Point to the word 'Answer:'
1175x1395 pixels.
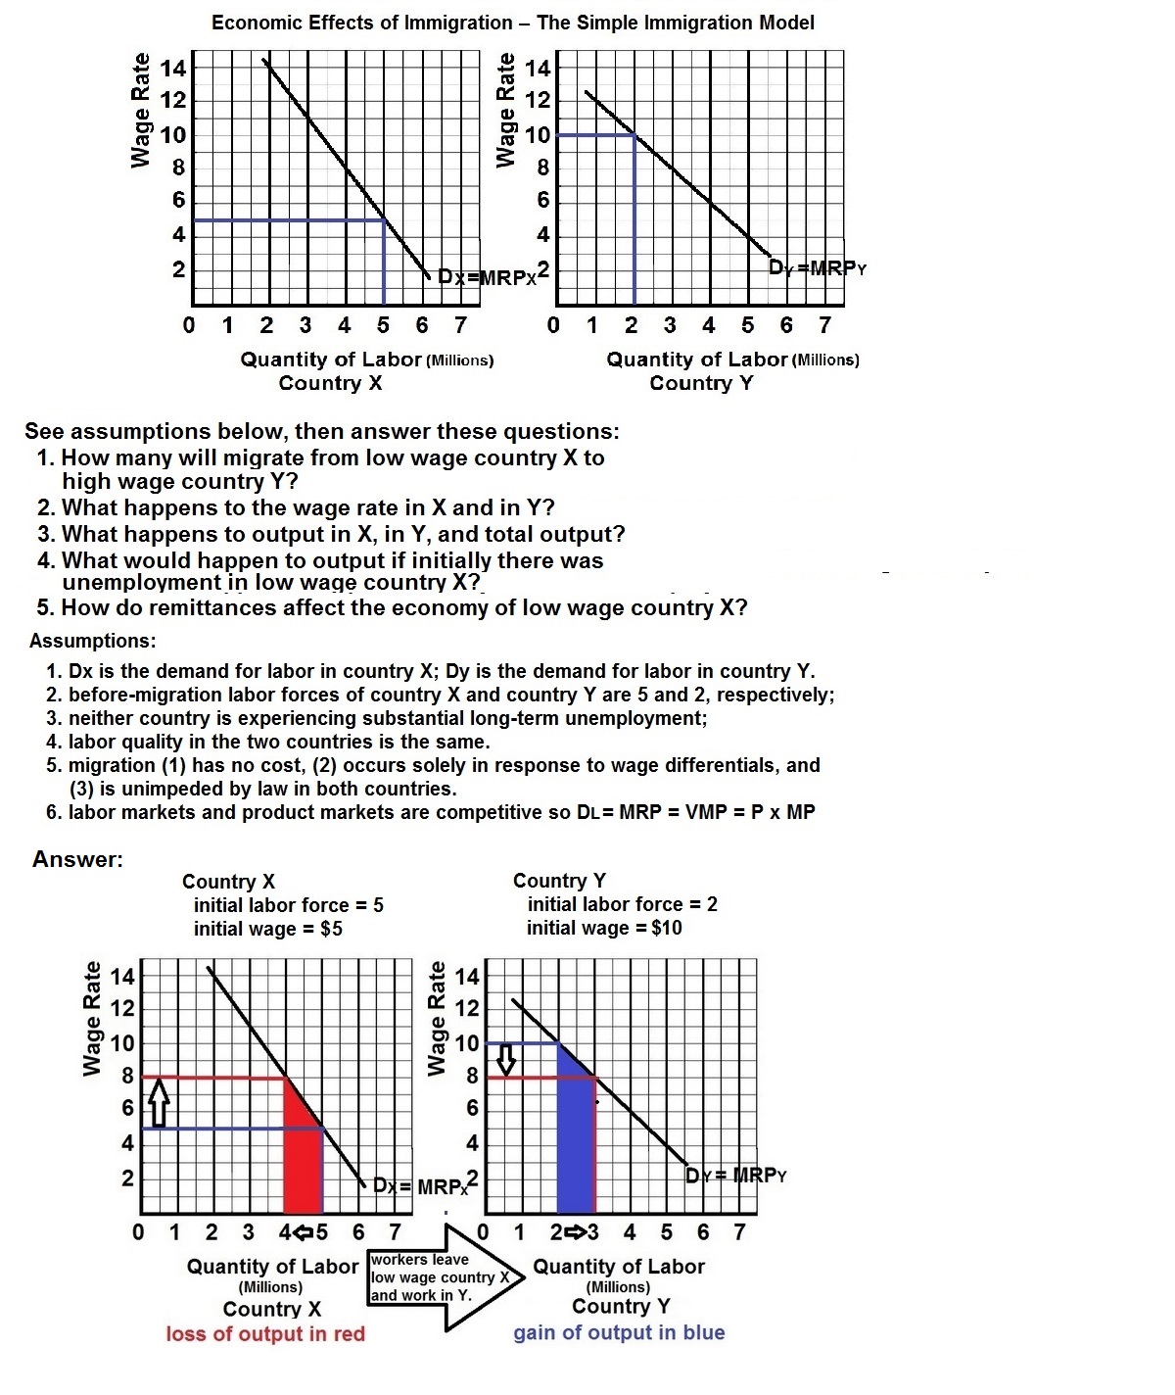point(77,860)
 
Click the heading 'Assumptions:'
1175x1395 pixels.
point(92,642)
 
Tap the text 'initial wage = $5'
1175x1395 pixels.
point(267,929)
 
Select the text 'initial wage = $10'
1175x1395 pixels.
point(603,928)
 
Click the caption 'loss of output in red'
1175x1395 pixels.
point(265,1334)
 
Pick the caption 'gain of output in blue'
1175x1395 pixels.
point(619,1333)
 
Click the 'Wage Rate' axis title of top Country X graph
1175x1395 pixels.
point(142,110)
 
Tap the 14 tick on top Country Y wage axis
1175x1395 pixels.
point(539,69)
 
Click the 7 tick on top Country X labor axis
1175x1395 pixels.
point(459,325)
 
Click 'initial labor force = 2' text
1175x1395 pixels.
point(622,904)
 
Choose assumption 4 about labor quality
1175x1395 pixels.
point(268,742)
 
